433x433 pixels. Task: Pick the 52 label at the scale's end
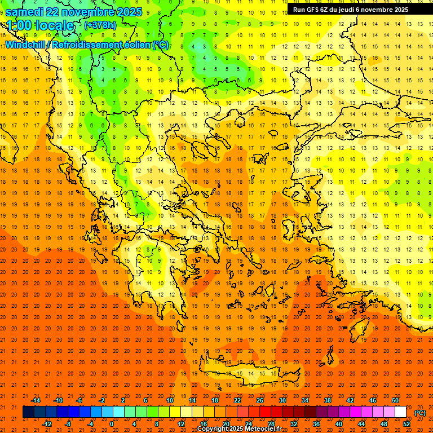(x=407, y=424)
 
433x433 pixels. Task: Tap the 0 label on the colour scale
(x=112, y=424)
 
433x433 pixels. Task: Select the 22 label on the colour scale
(x=237, y=400)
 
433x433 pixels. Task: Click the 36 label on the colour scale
(x=316, y=424)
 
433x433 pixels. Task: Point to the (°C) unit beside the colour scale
(x=420, y=413)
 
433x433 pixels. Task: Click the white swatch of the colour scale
(x=400, y=412)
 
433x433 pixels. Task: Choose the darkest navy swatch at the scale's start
(x=28, y=412)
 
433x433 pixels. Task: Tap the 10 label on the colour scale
(x=170, y=400)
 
